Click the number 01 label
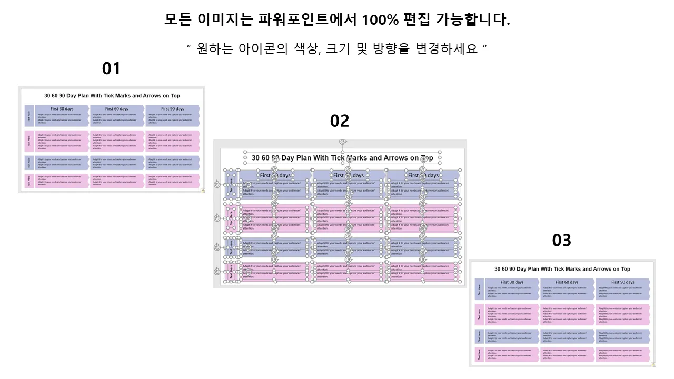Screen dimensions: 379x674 [x=111, y=68]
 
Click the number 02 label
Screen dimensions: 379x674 [x=340, y=121]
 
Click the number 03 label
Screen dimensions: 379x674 [x=561, y=241]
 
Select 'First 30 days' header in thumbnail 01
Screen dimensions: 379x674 [x=62, y=109]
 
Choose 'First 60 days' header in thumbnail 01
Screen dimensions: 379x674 [x=116, y=109]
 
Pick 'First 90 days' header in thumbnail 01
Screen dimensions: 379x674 [x=173, y=109]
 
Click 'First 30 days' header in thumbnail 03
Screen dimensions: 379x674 [x=512, y=282]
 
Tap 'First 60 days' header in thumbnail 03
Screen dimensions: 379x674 [x=567, y=282]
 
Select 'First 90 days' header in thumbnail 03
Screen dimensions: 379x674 [x=623, y=282]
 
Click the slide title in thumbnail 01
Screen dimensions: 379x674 [x=112, y=96]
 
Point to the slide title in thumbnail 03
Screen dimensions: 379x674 [x=562, y=269]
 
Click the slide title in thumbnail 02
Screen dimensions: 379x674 [x=342, y=158]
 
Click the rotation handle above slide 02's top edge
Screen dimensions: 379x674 [x=343, y=142]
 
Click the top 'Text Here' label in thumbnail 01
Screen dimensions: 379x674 [x=29, y=115]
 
